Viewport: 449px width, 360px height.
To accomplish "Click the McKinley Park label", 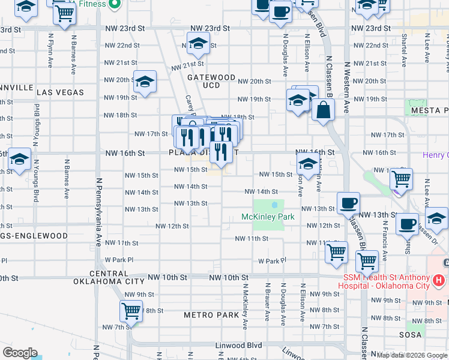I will (x=268, y=217).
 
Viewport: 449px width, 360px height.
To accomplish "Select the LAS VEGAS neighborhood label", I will (x=60, y=92).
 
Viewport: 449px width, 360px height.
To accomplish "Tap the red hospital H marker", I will (x=439, y=280).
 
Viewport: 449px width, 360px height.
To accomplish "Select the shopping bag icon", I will (x=323, y=110).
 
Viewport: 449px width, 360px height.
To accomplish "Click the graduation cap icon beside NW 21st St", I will (x=197, y=43).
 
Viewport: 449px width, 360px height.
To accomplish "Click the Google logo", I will (x=20, y=353).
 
